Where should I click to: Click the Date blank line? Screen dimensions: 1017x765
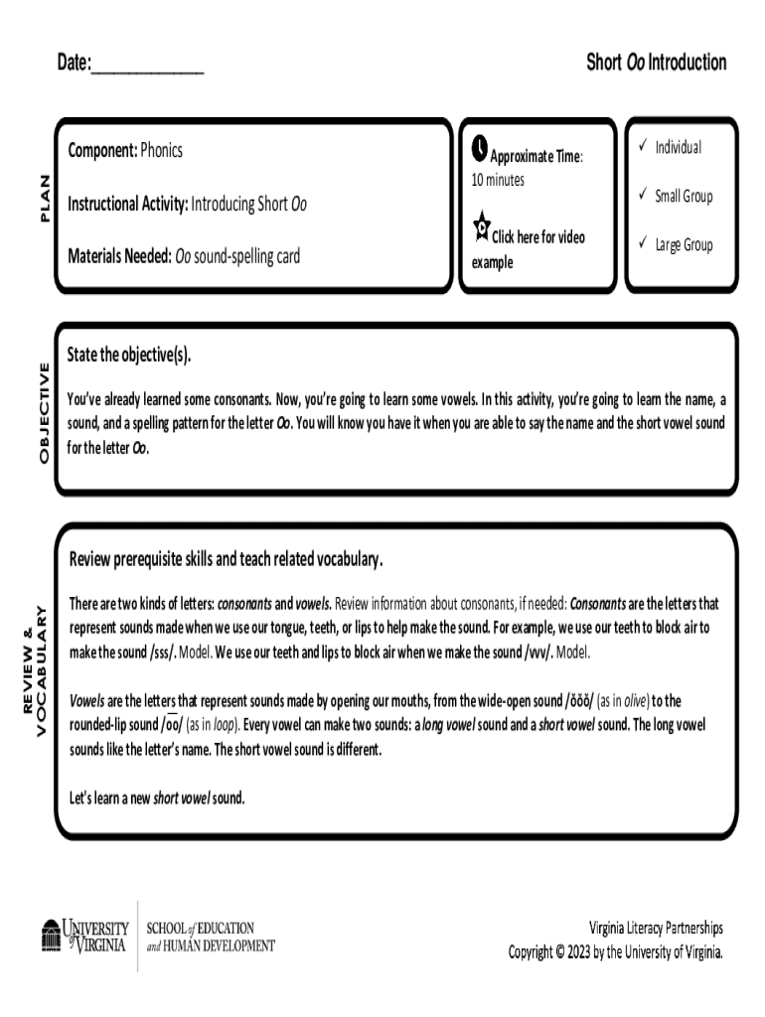point(147,68)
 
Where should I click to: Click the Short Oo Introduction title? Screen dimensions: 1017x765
point(656,64)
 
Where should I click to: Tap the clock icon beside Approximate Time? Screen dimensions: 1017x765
point(479,149)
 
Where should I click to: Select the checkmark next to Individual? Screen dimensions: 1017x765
point(643,147)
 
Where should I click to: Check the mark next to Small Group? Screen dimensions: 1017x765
point(643,196)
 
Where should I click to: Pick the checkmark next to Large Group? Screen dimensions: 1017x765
point(643,243)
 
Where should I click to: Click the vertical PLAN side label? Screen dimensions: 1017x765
point(43,199)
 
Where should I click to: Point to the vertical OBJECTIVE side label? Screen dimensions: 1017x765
point(43,411)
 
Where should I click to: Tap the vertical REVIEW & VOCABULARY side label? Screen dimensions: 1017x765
point(35,670)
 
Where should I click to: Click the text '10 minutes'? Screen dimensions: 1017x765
point(498,180)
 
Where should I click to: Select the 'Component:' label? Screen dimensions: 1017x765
point(102,151)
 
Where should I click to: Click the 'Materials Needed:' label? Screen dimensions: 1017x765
point(119,256)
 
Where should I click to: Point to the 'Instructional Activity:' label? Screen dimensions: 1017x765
point(127,205)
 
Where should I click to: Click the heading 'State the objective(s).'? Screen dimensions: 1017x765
point(129,356)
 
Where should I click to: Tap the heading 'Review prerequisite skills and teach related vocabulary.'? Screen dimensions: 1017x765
point(226,559)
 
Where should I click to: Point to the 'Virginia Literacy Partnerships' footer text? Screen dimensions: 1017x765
point(656,928)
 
